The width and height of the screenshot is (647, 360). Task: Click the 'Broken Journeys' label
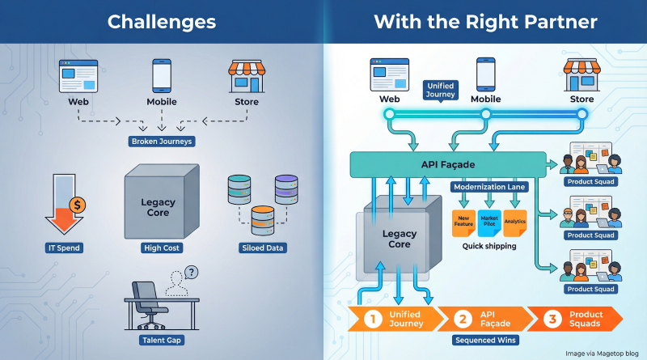tap(161, 142)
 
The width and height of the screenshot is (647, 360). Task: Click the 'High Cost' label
tap(162, 248)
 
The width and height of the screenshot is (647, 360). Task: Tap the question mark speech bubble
tap(192, 273)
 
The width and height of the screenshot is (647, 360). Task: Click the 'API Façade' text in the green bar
tap(446, 165)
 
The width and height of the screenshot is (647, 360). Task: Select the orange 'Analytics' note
tap(515, 222)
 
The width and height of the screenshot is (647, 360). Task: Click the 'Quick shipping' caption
tap(489, 245)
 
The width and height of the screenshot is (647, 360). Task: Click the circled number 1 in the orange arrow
tap(373, 319)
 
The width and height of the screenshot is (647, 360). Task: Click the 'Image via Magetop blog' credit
tap(602, 353)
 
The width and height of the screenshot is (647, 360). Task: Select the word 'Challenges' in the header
tap(162, 22)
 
